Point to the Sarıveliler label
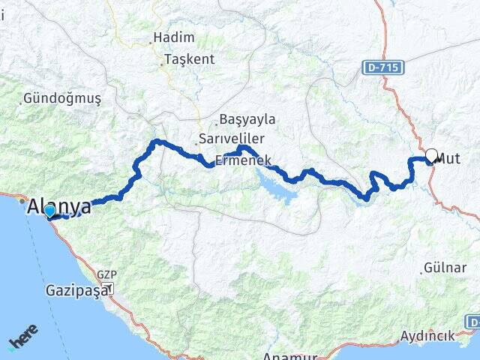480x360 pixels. (231, 139)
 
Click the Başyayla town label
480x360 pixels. (248, 119)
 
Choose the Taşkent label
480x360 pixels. (189, 59)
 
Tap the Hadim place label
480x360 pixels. (173, 37)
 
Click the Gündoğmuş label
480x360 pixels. (61, 98)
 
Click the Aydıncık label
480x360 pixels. (427, 335)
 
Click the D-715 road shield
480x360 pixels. (385, 67)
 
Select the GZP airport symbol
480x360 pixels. (110, 288)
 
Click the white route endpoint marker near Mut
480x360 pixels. (431, 156)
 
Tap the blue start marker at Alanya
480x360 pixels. (49, 211)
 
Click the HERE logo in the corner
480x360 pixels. (22, 341)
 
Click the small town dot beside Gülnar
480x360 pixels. (422, 271)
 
